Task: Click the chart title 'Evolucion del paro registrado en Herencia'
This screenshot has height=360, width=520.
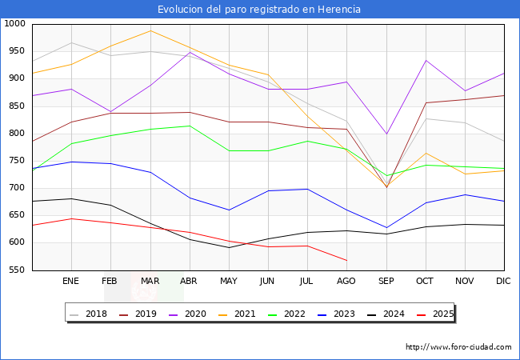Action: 259,10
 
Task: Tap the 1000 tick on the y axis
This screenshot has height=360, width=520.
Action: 16,24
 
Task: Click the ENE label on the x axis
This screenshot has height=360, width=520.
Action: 71,282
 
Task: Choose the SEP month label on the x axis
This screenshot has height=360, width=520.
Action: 386,282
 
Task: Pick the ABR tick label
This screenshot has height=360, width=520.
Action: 189,282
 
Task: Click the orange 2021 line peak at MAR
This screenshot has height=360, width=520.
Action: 150,30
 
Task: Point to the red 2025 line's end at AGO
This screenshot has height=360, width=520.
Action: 346,261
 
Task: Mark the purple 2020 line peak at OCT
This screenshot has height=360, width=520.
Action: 426,61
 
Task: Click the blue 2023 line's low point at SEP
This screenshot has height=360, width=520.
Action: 386,228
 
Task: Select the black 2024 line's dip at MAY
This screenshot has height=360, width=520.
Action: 229,247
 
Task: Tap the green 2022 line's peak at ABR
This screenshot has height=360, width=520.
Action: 190,126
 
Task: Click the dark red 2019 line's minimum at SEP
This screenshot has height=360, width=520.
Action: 386,187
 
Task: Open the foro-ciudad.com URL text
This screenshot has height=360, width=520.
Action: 458,347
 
